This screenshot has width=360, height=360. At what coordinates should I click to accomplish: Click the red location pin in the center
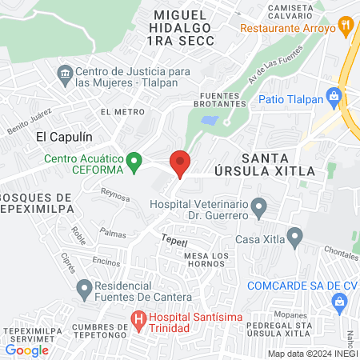(x=180, y=164)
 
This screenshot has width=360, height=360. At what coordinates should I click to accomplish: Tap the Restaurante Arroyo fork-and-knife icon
(x=346, y=25)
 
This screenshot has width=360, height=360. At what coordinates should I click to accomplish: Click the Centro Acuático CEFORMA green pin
(x=134, y=161)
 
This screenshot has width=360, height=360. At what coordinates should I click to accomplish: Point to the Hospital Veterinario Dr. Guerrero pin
(x=258, y=209)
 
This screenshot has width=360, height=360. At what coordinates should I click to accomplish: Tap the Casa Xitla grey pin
(x=295, y=237)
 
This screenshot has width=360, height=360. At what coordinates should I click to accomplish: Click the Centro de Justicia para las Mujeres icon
(x=64, y=77)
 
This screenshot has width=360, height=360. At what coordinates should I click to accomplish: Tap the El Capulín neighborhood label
(x=60, y=136)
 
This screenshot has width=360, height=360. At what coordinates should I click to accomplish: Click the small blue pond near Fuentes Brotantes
(x=210, y=121)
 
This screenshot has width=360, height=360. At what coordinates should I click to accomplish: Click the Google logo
(x=26, y=350)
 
